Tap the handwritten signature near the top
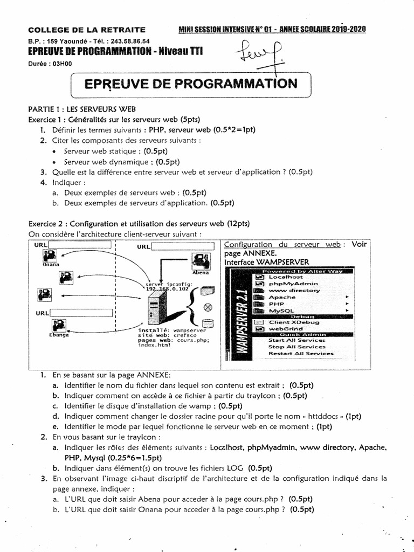click(259, 56)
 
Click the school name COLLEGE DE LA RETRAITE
click(86, 30)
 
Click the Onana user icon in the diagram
click(50, 256)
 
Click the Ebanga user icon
click(58, 326)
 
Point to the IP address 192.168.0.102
click(164, 288)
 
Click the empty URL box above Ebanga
click(81, 313)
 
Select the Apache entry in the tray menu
click(282, 297)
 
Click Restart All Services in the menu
click(301, 354)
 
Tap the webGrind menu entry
click(286, 328)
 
